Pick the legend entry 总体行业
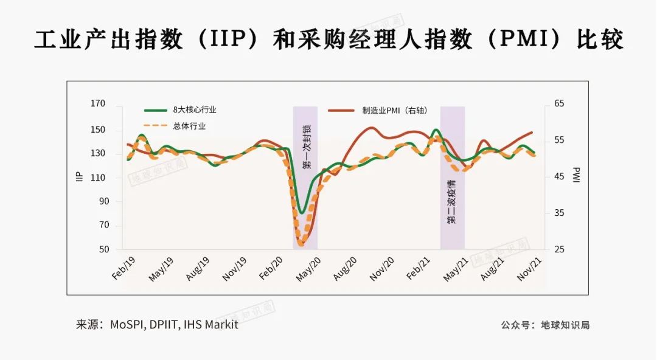(x=189, y=126)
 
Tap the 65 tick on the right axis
(x=559, y=105)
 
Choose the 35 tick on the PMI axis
(x=559, y=213)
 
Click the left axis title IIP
(x=79, y=177)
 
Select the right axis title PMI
(x=576, y=177)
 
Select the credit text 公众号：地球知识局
(x=545, y=325)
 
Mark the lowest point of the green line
(x=301, y=213)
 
